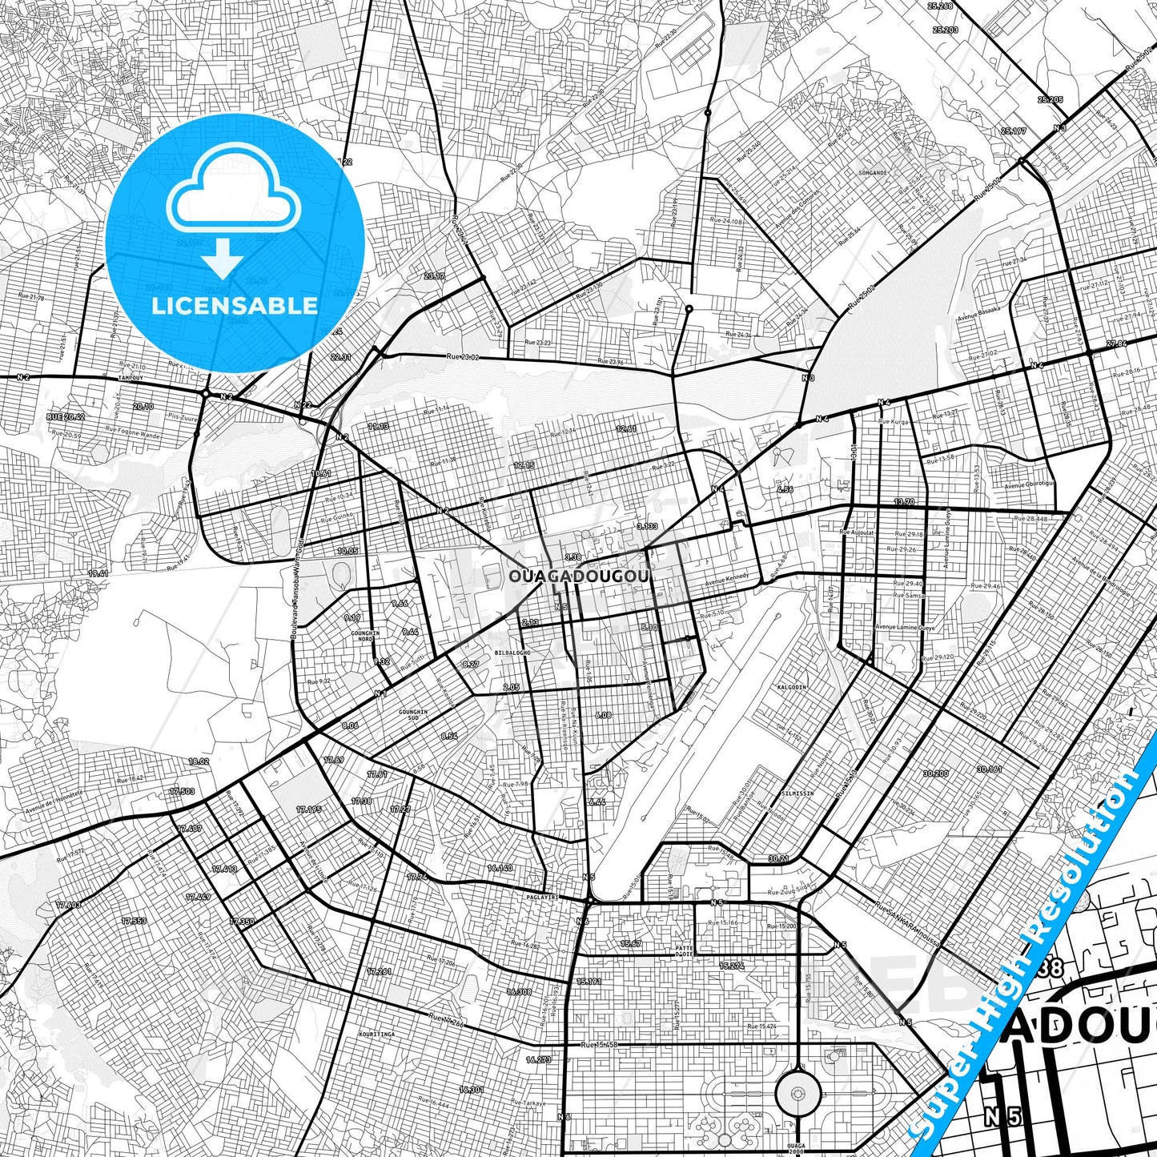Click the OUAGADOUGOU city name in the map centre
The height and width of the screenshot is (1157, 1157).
pyautogui.click(x=580, y=576)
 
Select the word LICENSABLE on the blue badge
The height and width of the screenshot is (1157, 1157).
pyautogui.click(x=235, y=305)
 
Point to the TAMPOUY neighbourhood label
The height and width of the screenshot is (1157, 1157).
pyautogui.click(x=131, y=377)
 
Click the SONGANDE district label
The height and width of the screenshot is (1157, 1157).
pyautogui.click(x=872, y=172)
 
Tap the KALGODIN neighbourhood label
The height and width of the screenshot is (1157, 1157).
pyautogui.click(x=791, y=687)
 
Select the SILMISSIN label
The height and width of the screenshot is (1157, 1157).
pyautogui.click(x=797, y=793)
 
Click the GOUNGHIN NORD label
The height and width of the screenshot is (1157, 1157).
pyautogui.click(x=365, y=636)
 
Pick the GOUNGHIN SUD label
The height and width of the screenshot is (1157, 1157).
pyautogui.click(x=413, y=714)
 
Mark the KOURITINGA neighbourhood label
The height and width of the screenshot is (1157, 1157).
pyautogui.click(x=376, y=1034)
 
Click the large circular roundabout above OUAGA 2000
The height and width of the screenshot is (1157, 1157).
pyautogui.click(x=797, y=1092)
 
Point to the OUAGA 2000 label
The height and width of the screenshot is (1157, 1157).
pyautogui.click(x=796, y=1150)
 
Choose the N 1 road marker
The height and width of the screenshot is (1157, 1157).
pyautogui.click(x=380, y=693)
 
